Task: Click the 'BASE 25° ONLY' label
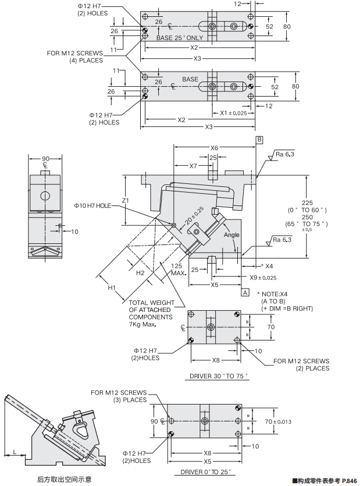click(180, 38)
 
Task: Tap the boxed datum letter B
click(260, 140)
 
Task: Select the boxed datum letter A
click(245, 291)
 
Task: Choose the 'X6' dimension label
click(214, 148)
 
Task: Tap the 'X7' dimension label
click(194, 166)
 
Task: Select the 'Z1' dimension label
click(126, 201)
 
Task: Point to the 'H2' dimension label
click(140, 272)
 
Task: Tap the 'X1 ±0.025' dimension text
click(233, 113)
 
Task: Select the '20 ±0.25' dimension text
click(195, 216)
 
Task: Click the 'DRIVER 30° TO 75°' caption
click(219, 375)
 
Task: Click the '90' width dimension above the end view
click(45, 158)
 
